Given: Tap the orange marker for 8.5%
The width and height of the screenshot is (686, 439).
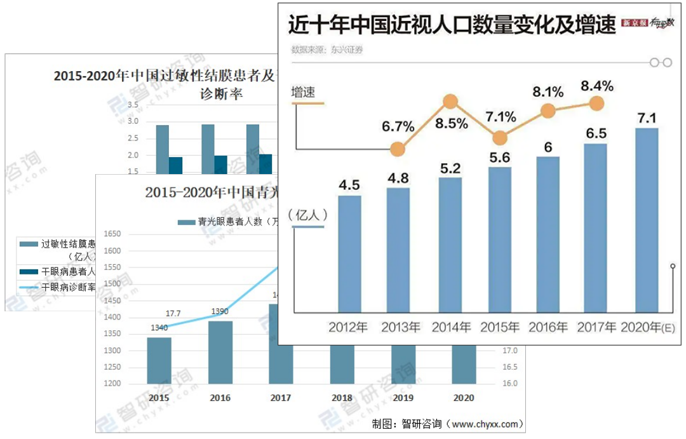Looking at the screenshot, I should pyautogui.click(x=450, y=102).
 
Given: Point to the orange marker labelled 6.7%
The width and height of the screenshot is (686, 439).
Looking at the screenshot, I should pyautogui.click(x=398, y=150).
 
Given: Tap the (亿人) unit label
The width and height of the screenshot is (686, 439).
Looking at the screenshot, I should pyautogui.click(x=309, y=215).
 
